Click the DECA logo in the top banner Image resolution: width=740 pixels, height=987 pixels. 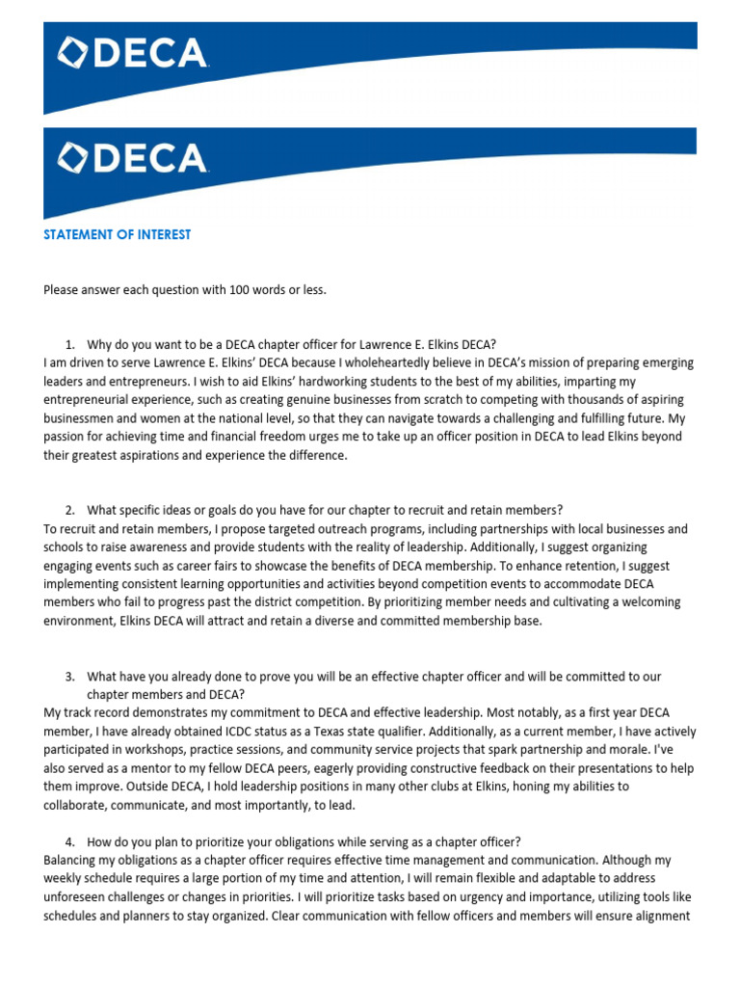coord(133,53)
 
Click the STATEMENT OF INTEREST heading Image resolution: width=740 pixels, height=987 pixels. coord(117,234)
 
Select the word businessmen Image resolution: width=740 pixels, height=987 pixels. coord(81,418)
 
